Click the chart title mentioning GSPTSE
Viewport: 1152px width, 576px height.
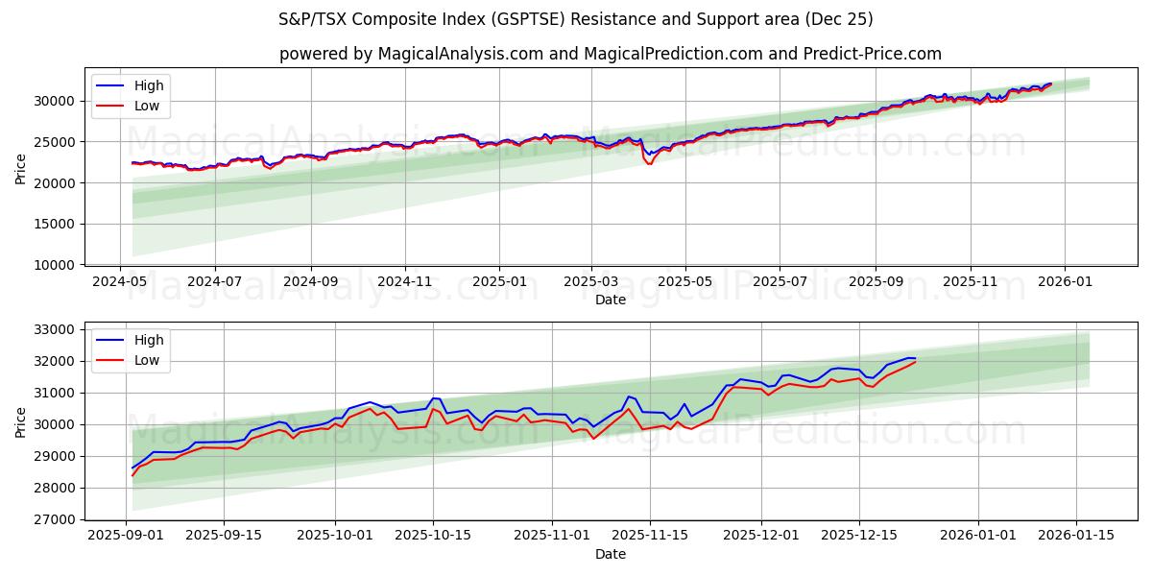pyautogui.click(x=575, y=19)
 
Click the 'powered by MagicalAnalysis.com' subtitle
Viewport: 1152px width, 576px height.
pyautogui.click(x=610, y=54)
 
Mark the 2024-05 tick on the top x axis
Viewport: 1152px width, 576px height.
pyautogui.click(x=120, y=282)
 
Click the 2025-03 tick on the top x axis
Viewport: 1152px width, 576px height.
pyautogui.click(x=591, y=282)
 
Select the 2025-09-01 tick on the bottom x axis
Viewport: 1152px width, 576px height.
pyautogui.click(x=127, y=536)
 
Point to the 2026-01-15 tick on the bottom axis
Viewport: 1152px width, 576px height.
pyautogui.click(x=1075, y=536)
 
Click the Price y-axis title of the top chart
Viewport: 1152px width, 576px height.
pyautogui.click(x=21, y=168)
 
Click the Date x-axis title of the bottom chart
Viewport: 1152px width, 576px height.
pyautogui.click(x=610, y=554)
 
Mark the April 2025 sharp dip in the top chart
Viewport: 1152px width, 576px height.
pyautogui.click(x=650, y=162)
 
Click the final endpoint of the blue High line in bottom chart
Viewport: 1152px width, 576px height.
pyautogui.click(x=916, y=358)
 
